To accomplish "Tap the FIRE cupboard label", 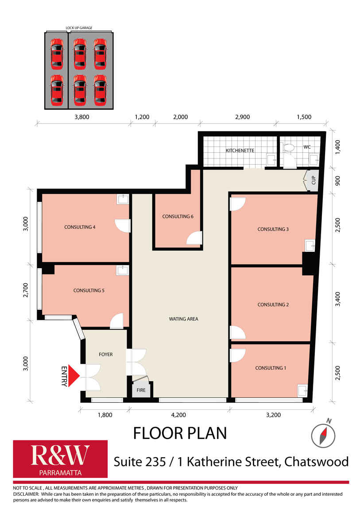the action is click(141, 390).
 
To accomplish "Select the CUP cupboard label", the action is click(314, 180).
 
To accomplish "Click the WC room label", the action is click(307, 147).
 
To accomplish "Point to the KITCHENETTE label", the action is click(240, 150).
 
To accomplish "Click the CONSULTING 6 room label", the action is click(178, 216).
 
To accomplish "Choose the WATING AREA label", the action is click(183, 319).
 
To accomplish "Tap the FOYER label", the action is click(106, 355).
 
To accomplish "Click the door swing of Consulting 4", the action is click(123, 226).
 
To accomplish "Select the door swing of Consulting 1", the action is click(237, 355).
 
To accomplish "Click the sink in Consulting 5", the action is click(123, 270).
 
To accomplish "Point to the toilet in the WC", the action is click(289, 148).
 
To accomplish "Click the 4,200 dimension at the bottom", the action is click(178, 415).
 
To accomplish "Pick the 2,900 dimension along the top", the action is click(243, 117).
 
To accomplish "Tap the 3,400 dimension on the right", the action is click(338, 299).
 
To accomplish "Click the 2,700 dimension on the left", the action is click(26, 290).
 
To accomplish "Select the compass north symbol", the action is click(323, 434).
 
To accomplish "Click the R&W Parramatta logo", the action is click(60, 459).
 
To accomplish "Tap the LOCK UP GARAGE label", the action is click(79, 28).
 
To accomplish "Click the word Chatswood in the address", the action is click(317, 462).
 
